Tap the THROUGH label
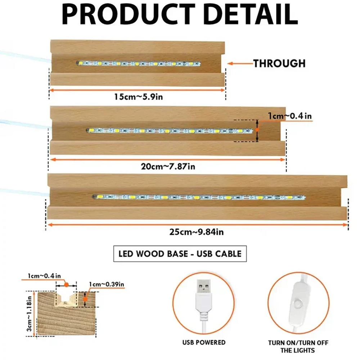click(279, 63)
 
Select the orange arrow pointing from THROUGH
click(240, 63)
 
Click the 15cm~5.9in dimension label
click(139, 97)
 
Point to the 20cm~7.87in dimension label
click(168, 166)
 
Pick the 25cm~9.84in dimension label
click(197, 232)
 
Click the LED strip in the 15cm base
click(139, 63)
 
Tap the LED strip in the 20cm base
click(170, 131)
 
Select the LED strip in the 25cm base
click(199, 197)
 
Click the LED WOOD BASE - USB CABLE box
click(180, 254)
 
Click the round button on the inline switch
click(298, 303)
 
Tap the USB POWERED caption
click(204, 342)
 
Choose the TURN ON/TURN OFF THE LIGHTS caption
click(298, 347)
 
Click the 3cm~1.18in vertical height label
click(29, 314)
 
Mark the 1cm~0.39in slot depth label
click(107, 284)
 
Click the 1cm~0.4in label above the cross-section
click(44, 276)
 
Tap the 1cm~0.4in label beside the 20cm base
click(290, 116)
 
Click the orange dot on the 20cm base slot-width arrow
click(257, 130)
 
